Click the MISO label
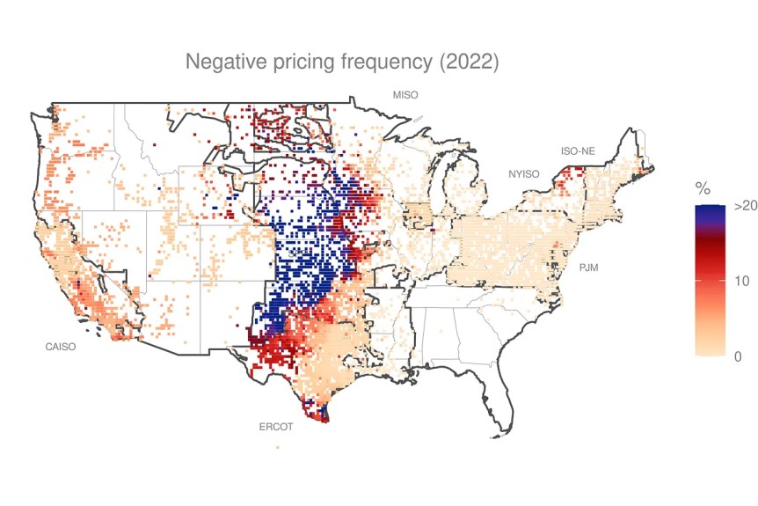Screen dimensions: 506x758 click(405, 94)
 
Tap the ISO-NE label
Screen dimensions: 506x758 click(578, 151)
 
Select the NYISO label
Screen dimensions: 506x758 click(522, 174)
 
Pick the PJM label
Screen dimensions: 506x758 click(588, 268)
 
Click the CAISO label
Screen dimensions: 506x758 click(61, 347)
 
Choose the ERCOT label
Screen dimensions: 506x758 click(274, 427)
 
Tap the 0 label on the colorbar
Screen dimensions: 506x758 click(739, 356)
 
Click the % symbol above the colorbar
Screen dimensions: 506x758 click(703, 188)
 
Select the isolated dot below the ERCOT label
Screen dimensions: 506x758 click(278, 447)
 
